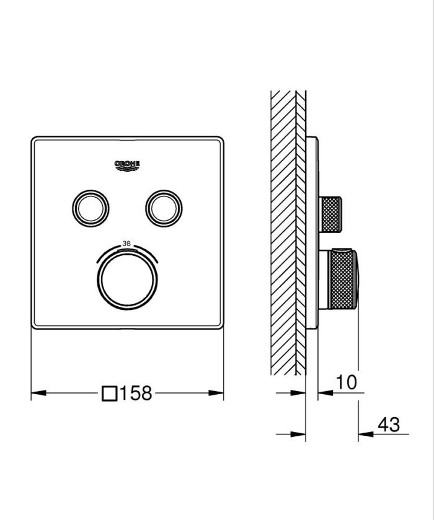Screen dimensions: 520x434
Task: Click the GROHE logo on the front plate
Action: point(127,164)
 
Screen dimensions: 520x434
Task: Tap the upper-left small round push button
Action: point(91,208)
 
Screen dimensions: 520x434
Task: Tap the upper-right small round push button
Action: point(164,208)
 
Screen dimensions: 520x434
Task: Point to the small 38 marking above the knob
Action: point(127,243)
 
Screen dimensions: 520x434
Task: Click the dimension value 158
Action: point(135,393)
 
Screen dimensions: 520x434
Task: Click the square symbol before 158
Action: point(110,393)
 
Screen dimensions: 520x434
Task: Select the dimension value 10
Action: point(347,382)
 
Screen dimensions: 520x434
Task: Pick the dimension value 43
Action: point(389,425)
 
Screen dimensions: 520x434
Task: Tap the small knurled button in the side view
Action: point(330,214)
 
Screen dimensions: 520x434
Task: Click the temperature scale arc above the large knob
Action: point(127,250)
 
